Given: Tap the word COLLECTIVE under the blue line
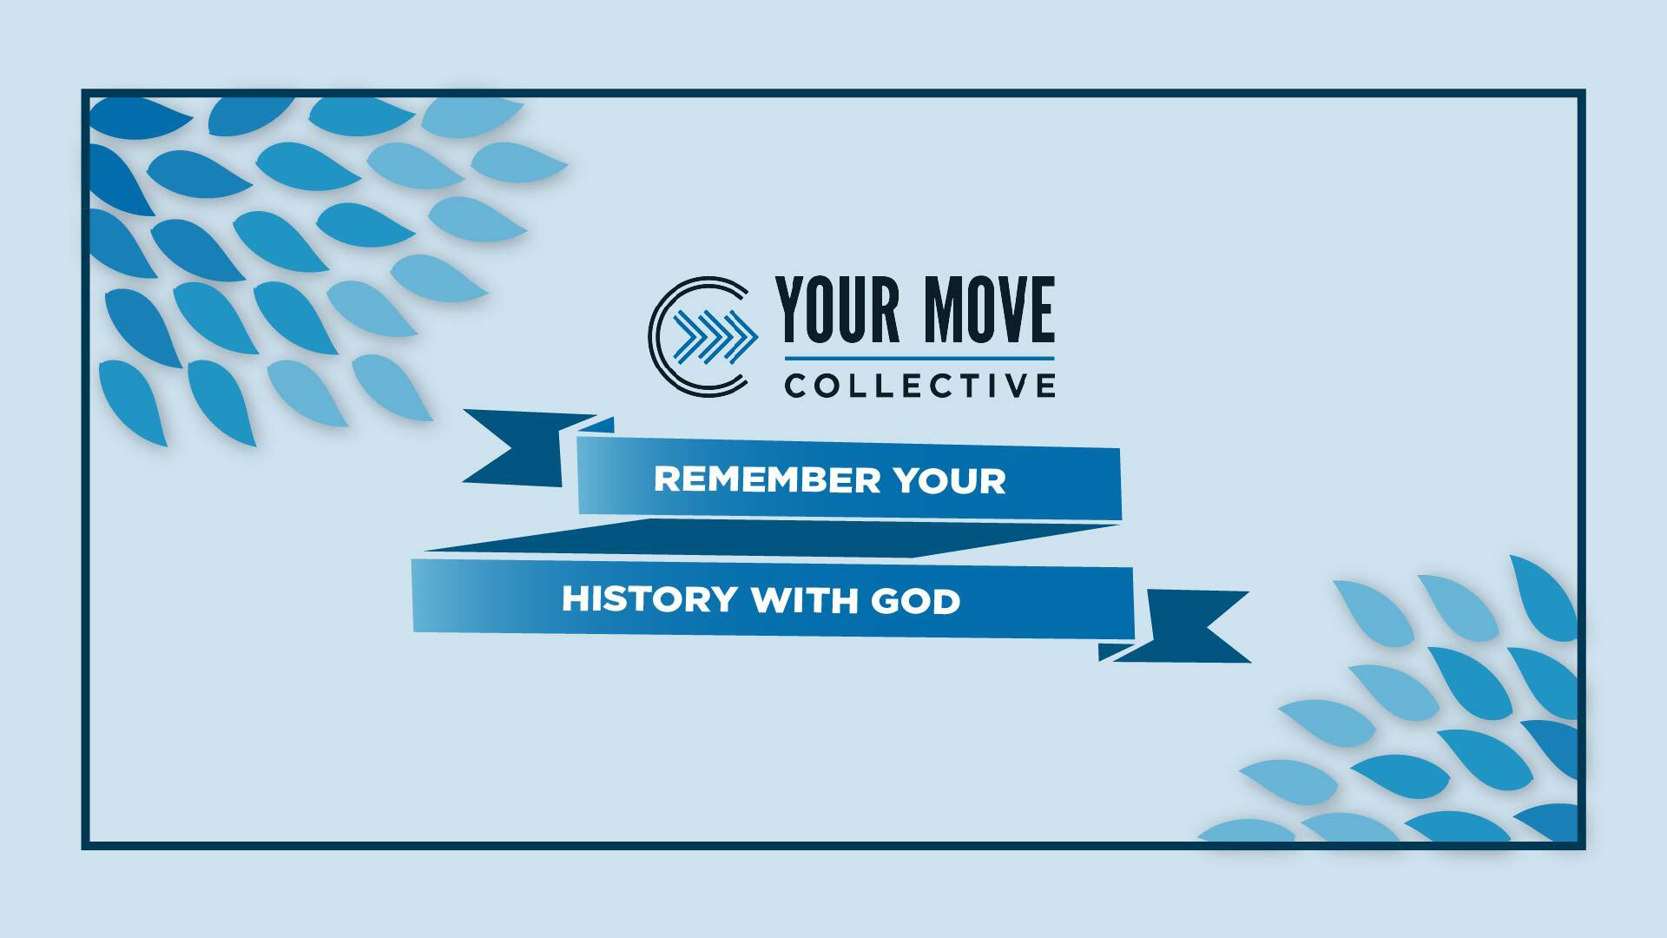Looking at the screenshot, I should tap(919, 385).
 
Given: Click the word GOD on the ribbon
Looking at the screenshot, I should tap(916, 601).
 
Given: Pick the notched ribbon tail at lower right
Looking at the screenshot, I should tap(1189, 625).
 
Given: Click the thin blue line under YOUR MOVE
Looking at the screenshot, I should tap(919, 358).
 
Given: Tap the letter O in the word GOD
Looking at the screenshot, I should tap(916, 601).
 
